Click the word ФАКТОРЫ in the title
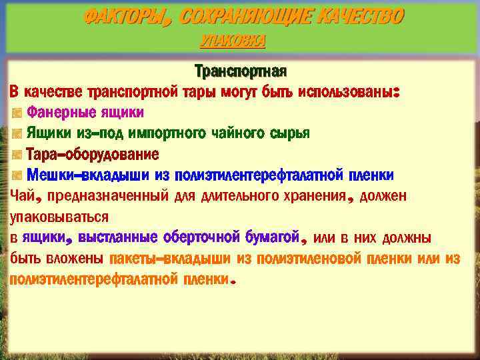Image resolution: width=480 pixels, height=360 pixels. tap(125, 17)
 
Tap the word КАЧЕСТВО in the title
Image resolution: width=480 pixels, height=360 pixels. tap(361, 17)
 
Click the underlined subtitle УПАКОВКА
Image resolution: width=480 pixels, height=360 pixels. tap(233, 42)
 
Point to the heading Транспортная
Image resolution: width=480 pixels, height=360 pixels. tap(240, 70)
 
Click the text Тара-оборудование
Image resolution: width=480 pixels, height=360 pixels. tap(93, 155)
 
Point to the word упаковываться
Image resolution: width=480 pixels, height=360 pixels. tap(59, 217)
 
